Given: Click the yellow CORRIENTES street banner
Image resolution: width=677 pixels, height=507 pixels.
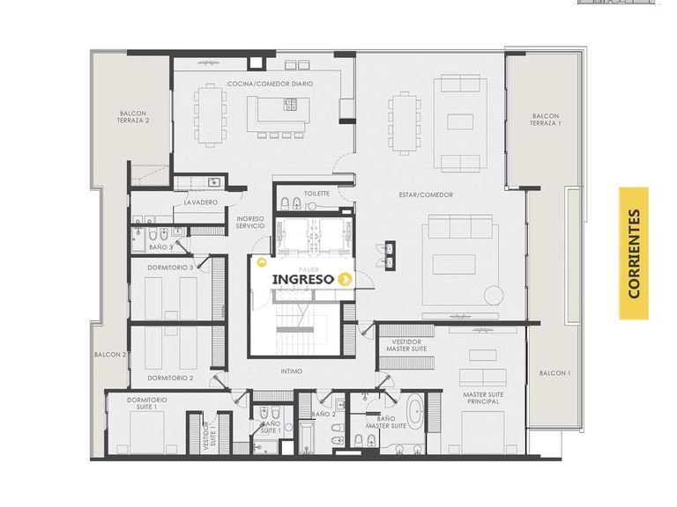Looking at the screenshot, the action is tap(634, 253).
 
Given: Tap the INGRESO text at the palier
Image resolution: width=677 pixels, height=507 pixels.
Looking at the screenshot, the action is tap(303, 279).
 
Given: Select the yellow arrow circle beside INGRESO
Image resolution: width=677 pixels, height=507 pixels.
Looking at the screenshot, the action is tap(344, 279).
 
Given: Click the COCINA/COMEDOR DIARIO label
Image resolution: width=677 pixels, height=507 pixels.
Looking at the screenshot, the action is tap(271, 84).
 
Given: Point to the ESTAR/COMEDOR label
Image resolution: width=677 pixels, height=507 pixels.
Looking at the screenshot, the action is tap(426, 195).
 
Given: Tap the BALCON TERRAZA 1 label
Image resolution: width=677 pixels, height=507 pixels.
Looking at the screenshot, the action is tap(546, 120).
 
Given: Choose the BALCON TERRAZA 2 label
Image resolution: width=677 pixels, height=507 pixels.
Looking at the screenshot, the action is tap(133, 117).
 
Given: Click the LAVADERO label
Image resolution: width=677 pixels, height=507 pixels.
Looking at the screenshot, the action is tap(201, 202).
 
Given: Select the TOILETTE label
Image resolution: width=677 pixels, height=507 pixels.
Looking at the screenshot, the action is tap(316, 194).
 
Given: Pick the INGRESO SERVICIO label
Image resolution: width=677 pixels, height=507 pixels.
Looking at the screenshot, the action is tap(250, 223).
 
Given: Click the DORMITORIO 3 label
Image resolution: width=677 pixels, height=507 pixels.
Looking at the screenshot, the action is tap(170, 268).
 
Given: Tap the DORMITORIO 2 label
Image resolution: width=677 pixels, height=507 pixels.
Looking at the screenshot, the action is tap(170, 378).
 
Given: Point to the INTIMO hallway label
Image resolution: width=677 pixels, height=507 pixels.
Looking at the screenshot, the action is tap(292, 371).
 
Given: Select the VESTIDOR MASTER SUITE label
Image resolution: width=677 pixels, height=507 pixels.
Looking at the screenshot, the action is tap(406, 345).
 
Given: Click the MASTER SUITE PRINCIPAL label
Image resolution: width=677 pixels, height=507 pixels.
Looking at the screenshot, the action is tap(483, 398).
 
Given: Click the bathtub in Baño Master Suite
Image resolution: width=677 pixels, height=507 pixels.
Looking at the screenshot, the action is tap(416, 411).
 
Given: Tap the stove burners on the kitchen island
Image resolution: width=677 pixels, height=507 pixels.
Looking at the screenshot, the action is tap(290, 105).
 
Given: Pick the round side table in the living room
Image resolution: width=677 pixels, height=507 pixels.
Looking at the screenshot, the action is tap(494, 296).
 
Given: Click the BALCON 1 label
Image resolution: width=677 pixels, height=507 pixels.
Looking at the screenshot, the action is tap(554, 373).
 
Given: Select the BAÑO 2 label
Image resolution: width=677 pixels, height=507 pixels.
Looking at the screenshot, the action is tap(324, 415).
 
